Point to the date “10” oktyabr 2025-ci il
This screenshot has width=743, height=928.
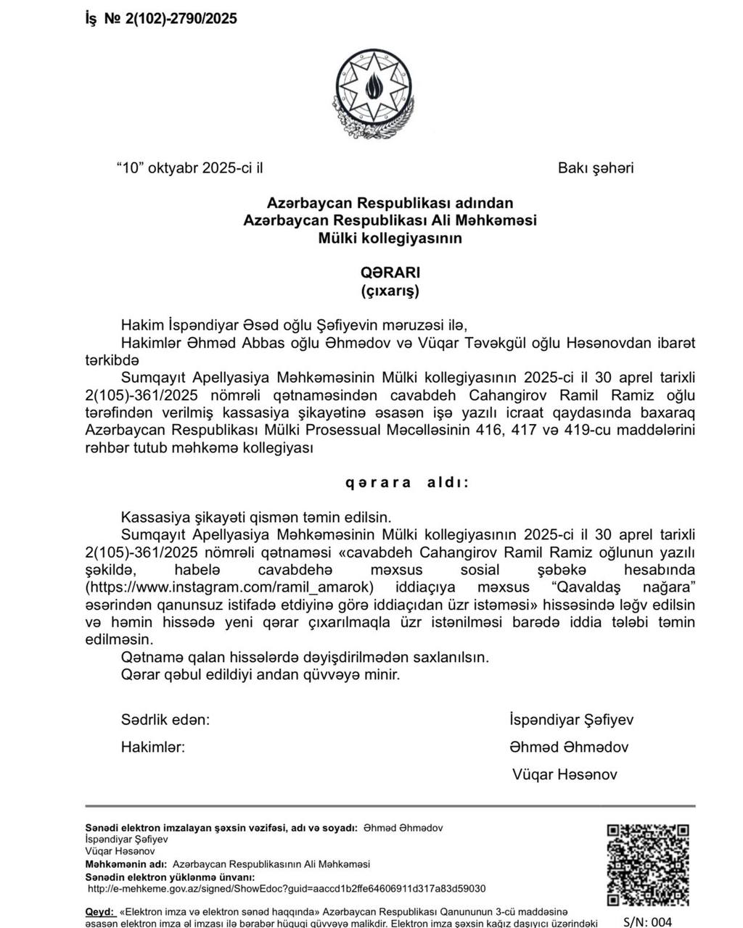click(189, 168)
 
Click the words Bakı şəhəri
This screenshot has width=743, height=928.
click(595, 168)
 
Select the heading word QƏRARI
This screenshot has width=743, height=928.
click(390, 273)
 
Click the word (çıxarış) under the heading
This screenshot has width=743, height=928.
click(390, 291)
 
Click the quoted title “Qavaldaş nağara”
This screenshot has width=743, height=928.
click(623, 587)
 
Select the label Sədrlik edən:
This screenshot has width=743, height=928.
click(165, 720)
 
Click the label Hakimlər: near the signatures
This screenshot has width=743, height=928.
click(153, 747)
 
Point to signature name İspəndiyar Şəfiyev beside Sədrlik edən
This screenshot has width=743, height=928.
click(572, 720)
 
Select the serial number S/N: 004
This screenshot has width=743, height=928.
click(647, 921)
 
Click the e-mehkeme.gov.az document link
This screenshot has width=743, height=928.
click(287, 889)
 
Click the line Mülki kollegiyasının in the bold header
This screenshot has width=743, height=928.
click(390, 238)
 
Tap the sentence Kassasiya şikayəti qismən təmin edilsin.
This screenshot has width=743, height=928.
click(256, 518)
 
